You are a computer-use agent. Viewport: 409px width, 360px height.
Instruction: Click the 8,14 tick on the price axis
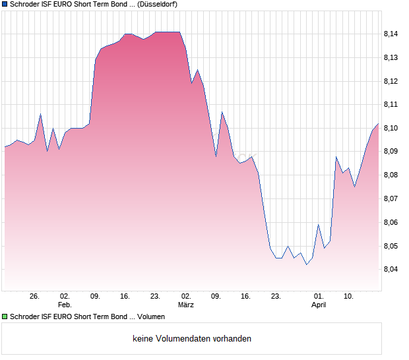tap(391, 34)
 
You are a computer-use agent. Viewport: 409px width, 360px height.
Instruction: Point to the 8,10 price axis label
tap(391, 128)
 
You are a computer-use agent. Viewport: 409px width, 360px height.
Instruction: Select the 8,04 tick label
tap(391, 270)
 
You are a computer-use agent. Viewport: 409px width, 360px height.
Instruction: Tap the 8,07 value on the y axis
tap(391, 198)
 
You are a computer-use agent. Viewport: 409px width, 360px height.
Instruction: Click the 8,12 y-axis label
tap(391, 81)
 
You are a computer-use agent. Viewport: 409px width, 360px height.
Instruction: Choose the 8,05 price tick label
tap(391, 246)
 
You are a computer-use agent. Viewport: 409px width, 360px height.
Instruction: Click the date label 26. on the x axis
tap(35, 296)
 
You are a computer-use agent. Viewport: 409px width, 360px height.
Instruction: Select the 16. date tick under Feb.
tap(125, 296)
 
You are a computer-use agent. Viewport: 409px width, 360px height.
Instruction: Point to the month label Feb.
tap(64, 305)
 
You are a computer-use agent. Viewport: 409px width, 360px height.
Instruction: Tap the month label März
tap(186, 305)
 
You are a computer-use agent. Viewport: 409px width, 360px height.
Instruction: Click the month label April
tap(319, 305)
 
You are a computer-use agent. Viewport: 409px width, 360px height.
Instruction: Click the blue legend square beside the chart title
tap(5, 5)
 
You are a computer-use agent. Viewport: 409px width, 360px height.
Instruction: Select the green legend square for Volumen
tap(5, 317)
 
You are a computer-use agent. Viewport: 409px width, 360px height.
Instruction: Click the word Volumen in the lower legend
tap(151, 317)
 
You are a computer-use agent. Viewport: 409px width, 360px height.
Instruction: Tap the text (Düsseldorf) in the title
tap(158, 5)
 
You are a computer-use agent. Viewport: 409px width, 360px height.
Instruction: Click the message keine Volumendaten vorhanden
tap(192, 339)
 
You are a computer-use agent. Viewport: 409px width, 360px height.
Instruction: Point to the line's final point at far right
tap(378, 123)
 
